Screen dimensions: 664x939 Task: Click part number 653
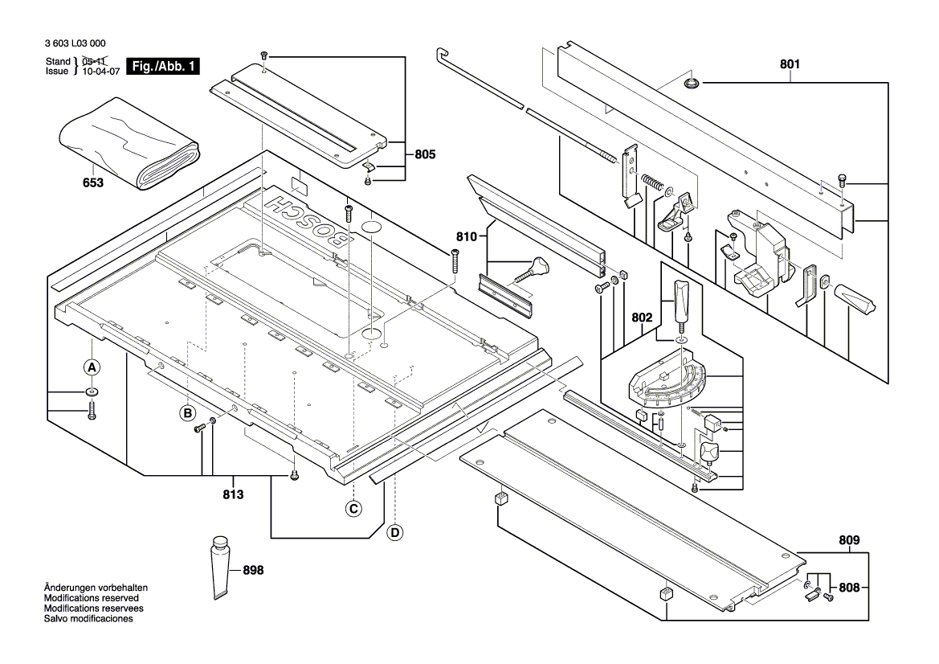click(93, 183)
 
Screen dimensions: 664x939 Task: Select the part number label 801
click(790, 65)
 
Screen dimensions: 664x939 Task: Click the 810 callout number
click(467, 237)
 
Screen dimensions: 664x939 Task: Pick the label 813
click(233, 494)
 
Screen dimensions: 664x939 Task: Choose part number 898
click(252, 570)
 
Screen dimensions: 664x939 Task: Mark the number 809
click(848, 540)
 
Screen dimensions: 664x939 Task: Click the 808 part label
click(848, 588)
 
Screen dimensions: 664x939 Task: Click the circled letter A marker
click(92, 367)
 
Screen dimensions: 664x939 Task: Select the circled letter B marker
click(187, 413)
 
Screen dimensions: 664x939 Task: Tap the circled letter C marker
click(353, 508)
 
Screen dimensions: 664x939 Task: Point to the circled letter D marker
click(394, 531)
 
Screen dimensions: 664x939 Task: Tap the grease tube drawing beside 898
click(221, 566)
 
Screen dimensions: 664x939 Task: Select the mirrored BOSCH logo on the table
click(308, 218)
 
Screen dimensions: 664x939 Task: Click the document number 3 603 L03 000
click(76, 44)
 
